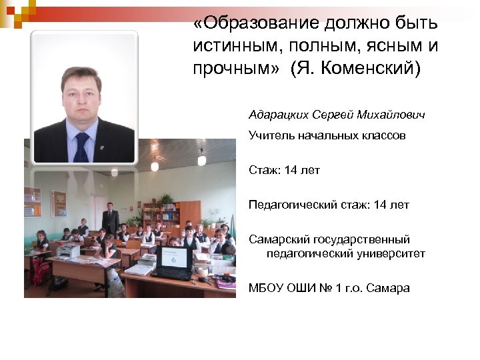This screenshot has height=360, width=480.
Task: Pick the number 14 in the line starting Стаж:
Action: [291, 170]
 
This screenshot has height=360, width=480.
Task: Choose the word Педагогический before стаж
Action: [292, 205]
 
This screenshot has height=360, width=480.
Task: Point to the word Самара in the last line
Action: [389, 288]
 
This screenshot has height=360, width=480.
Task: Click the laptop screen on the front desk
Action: [174, 257]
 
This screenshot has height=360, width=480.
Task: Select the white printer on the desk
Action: [68, 251]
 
